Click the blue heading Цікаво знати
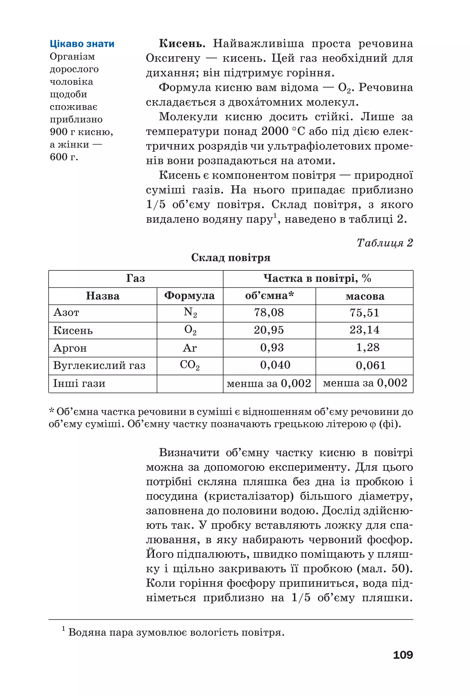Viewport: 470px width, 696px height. pos(82,44)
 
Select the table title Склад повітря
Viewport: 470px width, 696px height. pos(230,258)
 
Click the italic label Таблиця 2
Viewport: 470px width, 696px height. pos(385,242)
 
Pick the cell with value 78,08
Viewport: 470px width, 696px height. pos(269,313)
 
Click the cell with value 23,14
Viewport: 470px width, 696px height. pos(364,330)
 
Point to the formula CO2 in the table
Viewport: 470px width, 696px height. pos(190,365)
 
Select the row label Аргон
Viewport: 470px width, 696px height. pos(70,348)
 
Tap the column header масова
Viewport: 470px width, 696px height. pos(365,296)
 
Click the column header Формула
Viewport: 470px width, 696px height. pos(189,296)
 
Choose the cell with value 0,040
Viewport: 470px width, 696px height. pos(275,365)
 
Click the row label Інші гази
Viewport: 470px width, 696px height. pos(79,383)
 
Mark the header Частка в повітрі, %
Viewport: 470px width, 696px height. pos(317,278)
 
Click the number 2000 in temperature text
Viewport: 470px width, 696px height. pos(275,131)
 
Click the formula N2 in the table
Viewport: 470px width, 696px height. pos(190,312)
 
